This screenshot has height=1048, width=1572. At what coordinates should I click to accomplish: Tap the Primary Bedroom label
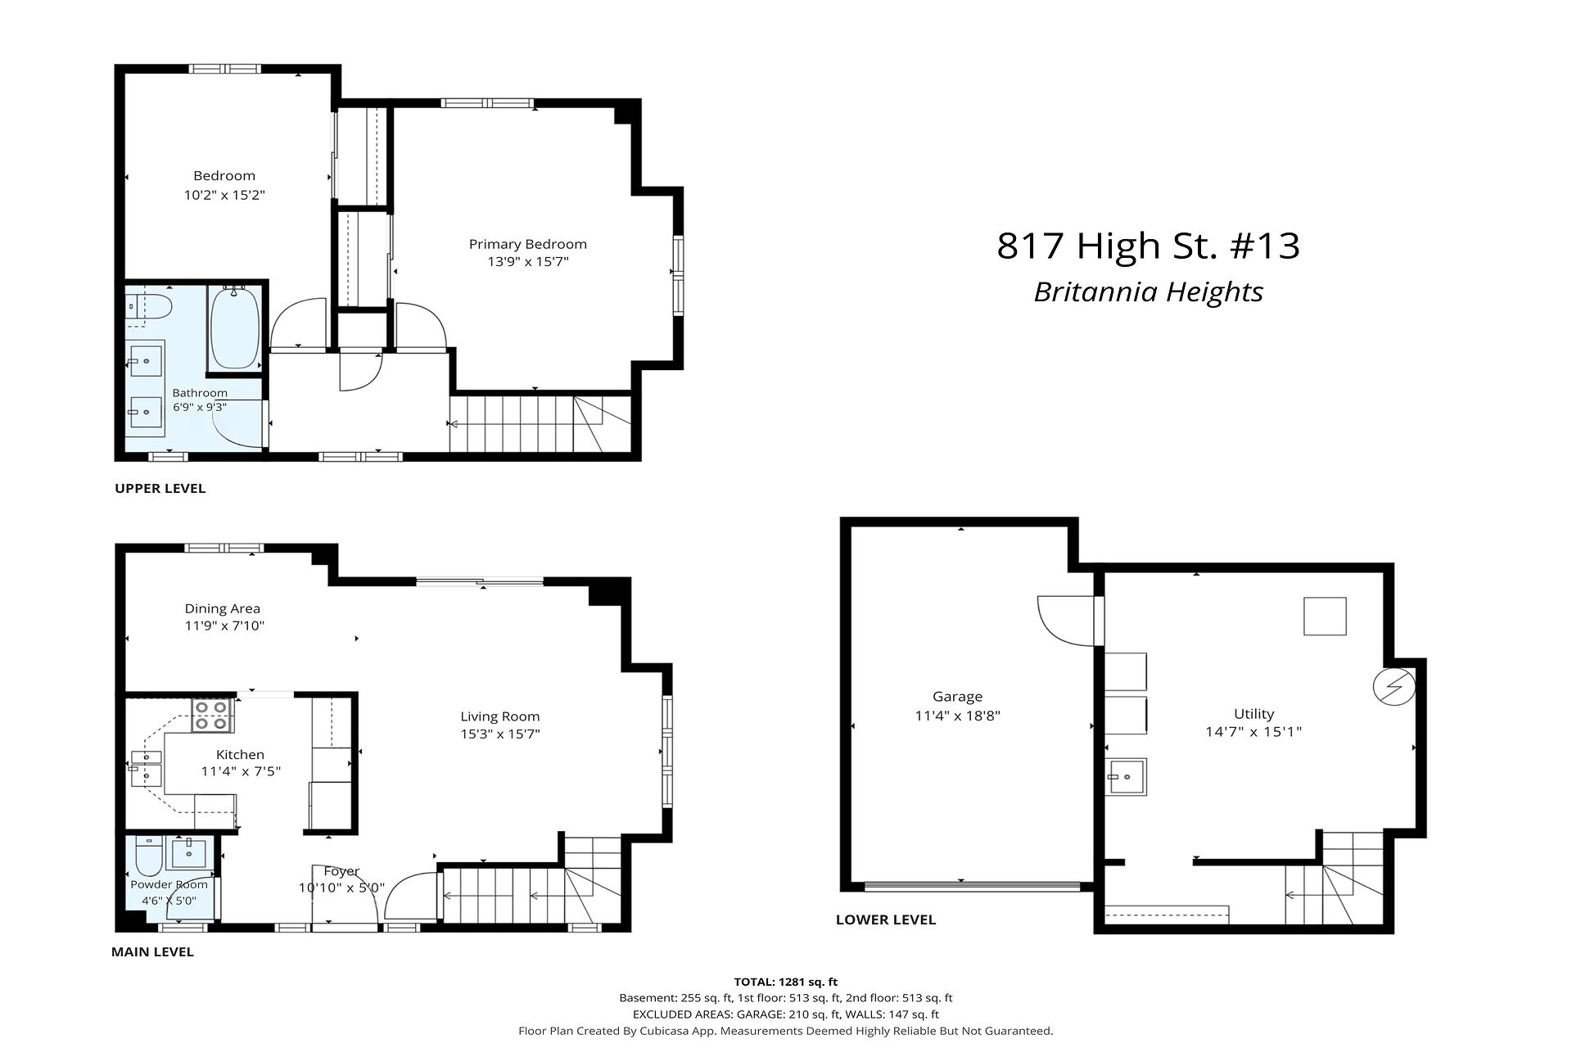tap(528, 244)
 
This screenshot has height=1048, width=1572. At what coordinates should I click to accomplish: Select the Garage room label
tap(957, 697)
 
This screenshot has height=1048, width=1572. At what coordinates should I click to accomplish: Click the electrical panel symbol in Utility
tap(1394, 687)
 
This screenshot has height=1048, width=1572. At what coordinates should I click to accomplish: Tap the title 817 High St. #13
tap(1148, 246)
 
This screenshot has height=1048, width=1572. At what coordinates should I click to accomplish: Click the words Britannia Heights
tap(1148, 292)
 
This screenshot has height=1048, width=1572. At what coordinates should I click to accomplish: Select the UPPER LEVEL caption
tap(160, 489)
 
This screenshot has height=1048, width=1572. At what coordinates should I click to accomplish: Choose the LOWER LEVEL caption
tap(885, 919)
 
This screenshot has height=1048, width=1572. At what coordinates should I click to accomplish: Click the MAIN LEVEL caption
tap(152, 952)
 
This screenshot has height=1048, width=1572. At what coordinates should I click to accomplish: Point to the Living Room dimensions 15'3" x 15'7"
tap(499, 734)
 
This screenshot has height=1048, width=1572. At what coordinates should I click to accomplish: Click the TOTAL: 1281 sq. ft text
tap(786, 982)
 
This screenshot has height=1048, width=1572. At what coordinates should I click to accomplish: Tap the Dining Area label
tap(223, 608)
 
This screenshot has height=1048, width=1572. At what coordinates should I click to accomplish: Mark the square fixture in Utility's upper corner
tap(1325, 617)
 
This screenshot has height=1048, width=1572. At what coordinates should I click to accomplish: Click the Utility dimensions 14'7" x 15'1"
tap(1254, 731)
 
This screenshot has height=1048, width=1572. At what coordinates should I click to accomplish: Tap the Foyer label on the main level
tap(341, 871)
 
